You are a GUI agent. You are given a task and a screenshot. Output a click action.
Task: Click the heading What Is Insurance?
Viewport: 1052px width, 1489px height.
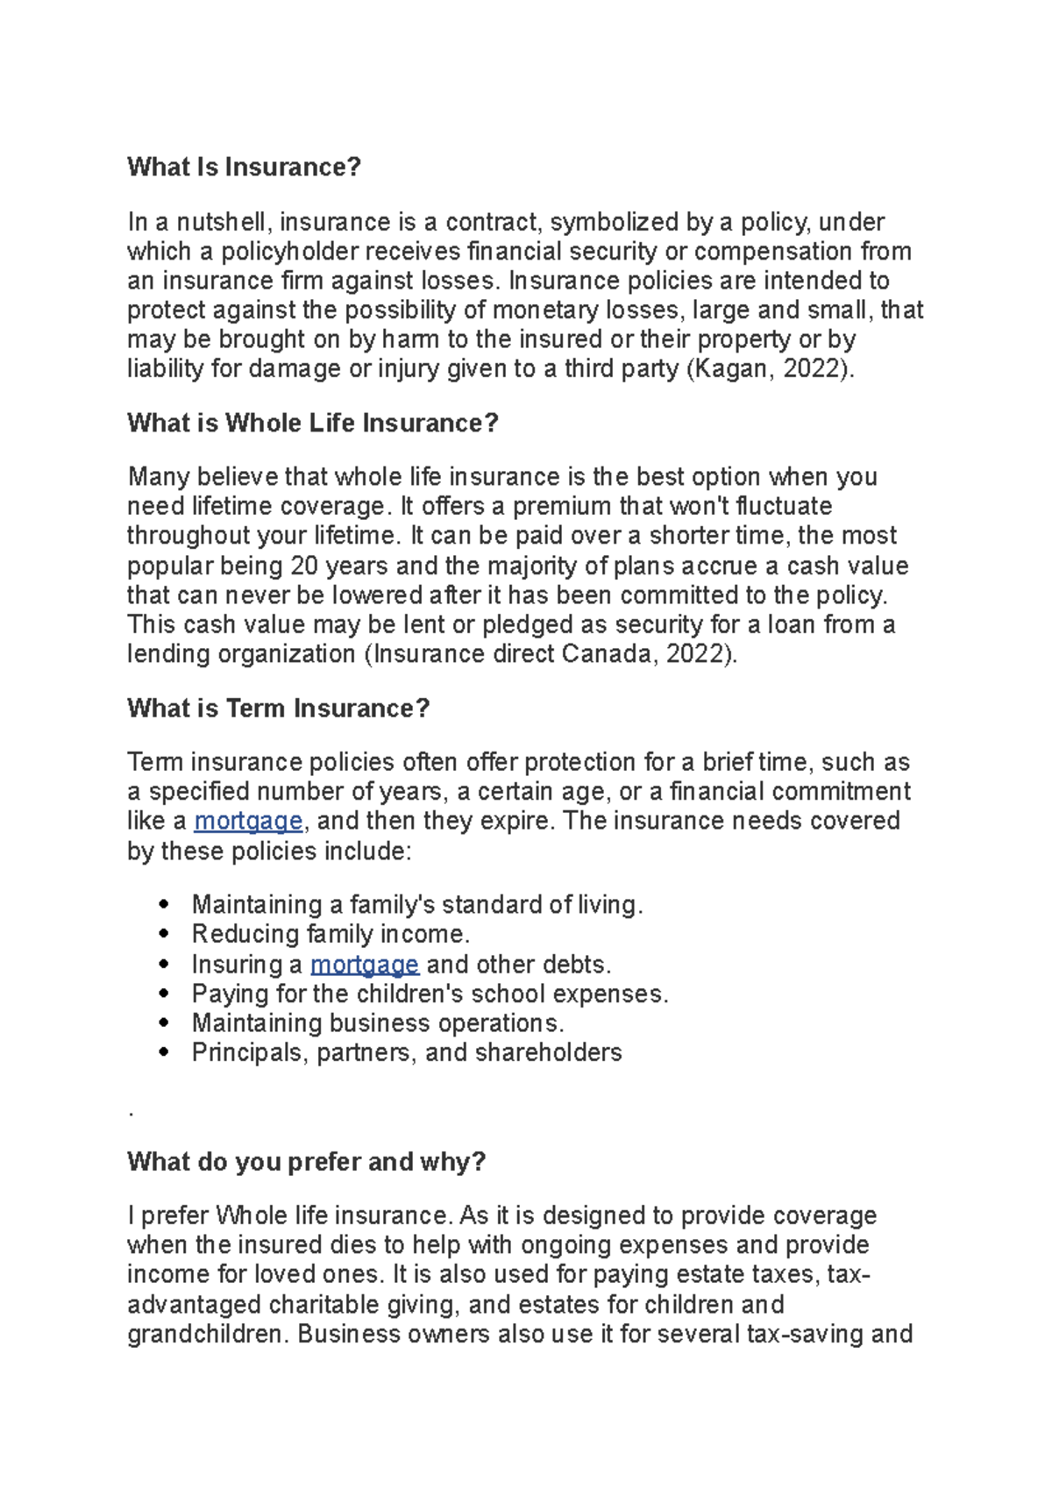(244, 167)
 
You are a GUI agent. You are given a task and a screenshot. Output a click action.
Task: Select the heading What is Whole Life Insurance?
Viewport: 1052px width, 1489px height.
(312, 423)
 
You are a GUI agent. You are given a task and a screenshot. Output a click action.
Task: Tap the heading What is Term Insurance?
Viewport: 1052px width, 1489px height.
(278, 708)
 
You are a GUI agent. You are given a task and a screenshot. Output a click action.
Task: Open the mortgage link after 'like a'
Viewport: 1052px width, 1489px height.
(248, 822)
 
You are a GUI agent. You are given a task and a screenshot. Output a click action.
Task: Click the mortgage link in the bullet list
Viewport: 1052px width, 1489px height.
(365, 965)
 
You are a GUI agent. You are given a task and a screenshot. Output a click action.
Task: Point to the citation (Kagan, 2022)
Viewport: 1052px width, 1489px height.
(770, 368)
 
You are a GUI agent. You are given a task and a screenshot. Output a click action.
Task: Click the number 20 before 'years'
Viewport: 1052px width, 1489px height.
(303, 566)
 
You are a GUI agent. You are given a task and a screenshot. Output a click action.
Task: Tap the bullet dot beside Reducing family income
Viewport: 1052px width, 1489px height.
(164, 934)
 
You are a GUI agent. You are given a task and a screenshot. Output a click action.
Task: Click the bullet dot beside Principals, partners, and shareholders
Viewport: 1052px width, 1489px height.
(164, 1052)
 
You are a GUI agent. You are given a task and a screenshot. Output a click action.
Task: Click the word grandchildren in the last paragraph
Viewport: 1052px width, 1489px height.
(207, 1335)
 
